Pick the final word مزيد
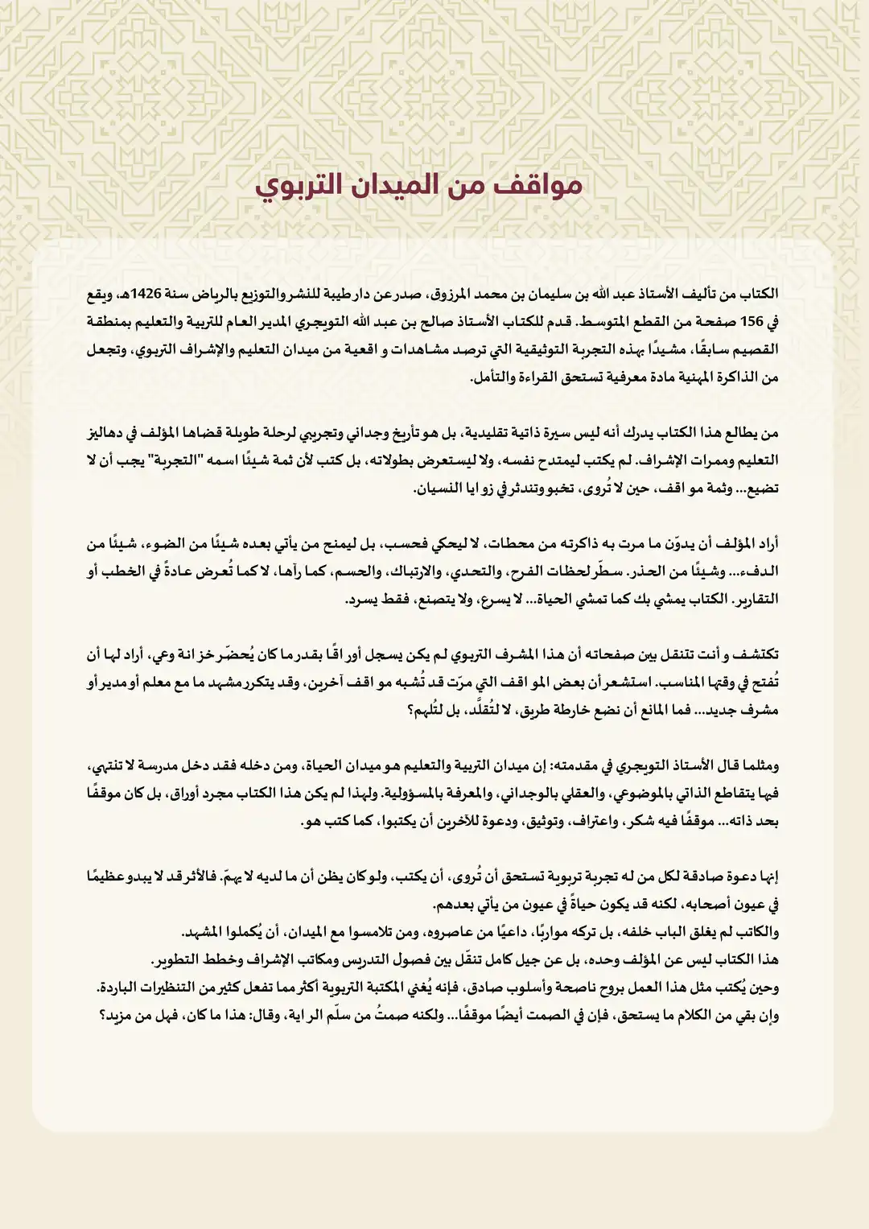pos(117,1015)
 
